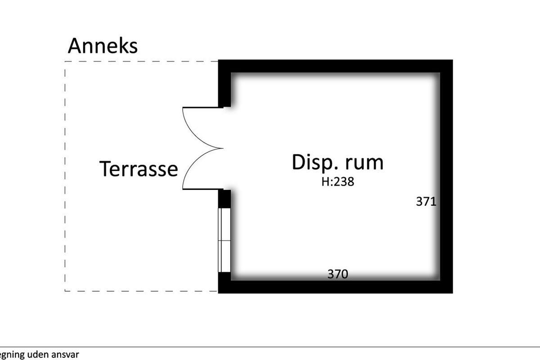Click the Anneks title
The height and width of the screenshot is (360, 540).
pos(103,46)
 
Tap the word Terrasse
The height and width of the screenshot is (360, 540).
pos(139,169)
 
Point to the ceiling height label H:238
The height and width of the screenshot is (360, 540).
pos(337,182)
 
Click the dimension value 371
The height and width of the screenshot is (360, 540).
pos(426,202)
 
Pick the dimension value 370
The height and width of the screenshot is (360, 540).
pos(337,274)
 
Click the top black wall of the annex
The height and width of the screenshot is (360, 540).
pos(335,66)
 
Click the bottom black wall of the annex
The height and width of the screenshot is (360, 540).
pos(335,287)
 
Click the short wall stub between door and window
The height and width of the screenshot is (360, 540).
pos(225,198)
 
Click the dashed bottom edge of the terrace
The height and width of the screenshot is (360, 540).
pos(141,291)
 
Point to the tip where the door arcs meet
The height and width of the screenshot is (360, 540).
pos(223,148)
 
